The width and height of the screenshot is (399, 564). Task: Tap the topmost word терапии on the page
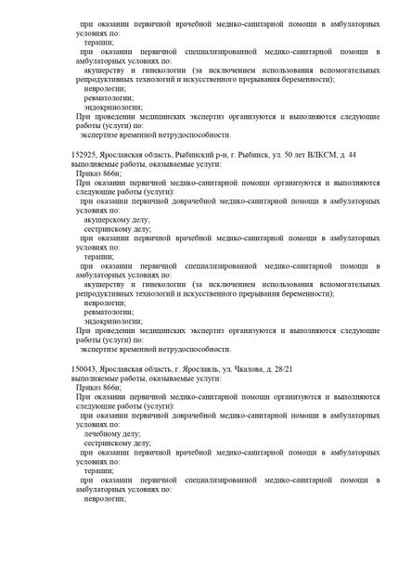(x=99, y=41)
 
